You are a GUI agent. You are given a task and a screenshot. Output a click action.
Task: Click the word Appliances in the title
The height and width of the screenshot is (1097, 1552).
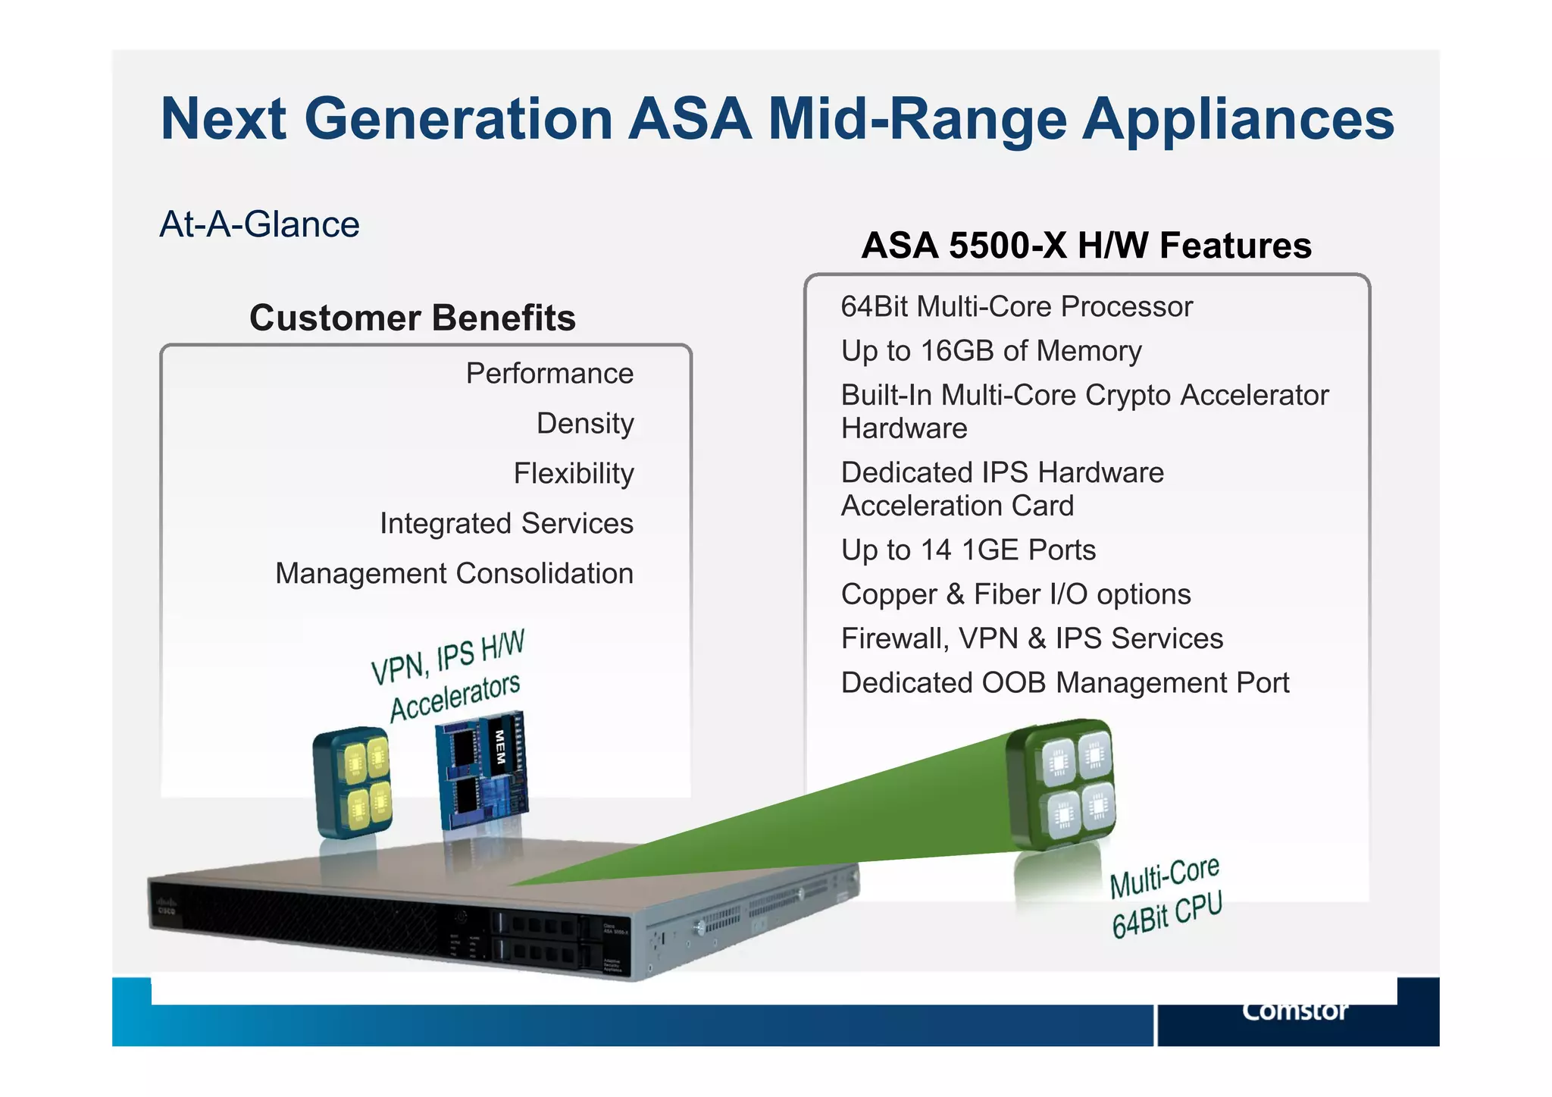click(1238, 120)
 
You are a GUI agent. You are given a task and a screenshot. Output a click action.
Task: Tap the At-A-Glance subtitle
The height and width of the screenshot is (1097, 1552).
click(259, 224)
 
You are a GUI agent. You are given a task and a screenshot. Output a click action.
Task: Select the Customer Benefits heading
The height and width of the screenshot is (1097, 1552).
click(412, 318)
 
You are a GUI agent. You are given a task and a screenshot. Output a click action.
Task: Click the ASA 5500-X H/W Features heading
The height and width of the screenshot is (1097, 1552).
click(1086, 246)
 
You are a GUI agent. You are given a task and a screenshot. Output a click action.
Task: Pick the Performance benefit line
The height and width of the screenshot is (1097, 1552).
click(549, 374)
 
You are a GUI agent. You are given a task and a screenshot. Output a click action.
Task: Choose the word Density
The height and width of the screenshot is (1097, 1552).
click(584, 424)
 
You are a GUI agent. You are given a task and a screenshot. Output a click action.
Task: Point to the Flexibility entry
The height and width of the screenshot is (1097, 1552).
click(573, 474)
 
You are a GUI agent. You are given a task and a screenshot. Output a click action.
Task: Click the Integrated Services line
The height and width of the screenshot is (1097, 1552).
click(506, 524)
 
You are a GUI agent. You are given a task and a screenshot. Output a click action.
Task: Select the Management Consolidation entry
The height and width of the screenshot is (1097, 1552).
click(454, 574)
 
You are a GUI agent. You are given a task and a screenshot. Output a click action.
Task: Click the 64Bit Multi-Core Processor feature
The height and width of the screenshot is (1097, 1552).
click(1016, 307)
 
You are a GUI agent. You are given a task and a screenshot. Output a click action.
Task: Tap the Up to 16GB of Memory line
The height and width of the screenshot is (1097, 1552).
click(990, 351)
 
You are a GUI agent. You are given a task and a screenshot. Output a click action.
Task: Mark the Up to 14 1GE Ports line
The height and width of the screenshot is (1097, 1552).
click(968, 550)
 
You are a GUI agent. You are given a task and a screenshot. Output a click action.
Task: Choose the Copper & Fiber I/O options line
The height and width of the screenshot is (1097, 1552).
click(1015, 594)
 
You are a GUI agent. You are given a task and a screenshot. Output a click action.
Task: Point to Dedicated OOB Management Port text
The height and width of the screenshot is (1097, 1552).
click(1065, 683)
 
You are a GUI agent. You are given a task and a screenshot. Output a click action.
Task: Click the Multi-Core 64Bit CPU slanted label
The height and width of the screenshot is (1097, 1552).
click(1166, 897)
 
